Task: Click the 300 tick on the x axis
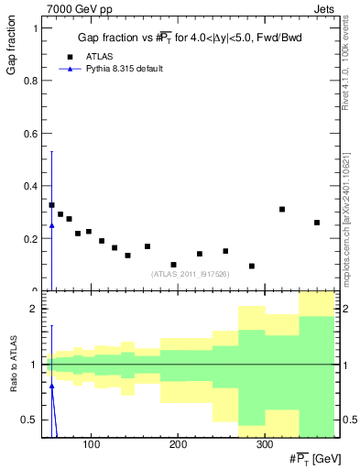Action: tap(264, 445)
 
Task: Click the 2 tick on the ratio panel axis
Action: tap(34, 310)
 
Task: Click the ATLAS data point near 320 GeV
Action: tap(282, 209)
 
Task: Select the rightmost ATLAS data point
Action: tap(317, 223)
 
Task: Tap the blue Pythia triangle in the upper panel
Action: tap(51, 224)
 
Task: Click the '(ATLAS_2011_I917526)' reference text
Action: tap(189, 273)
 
